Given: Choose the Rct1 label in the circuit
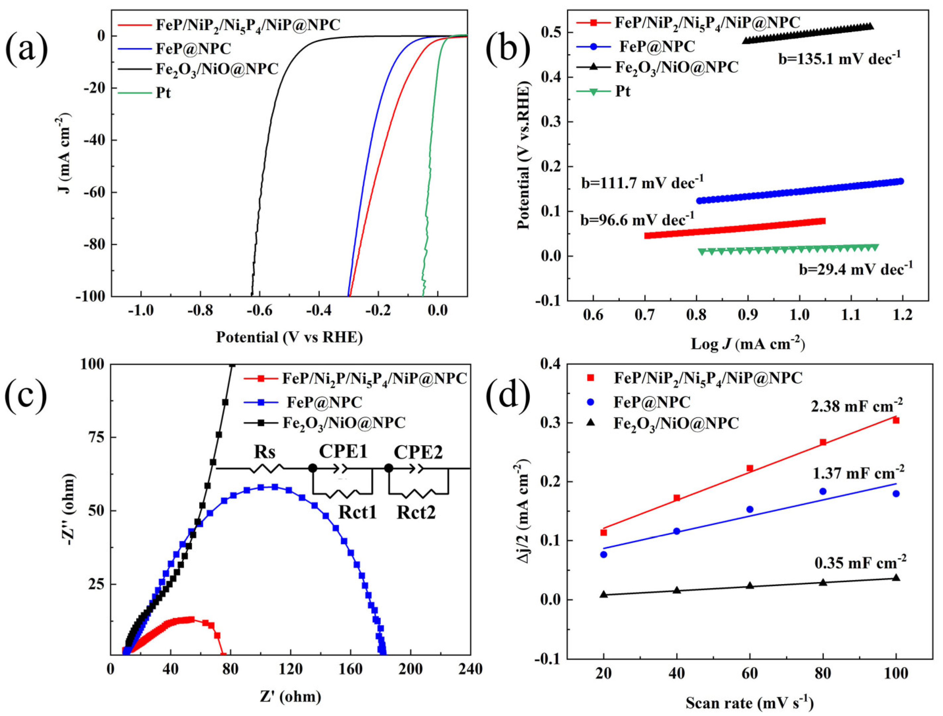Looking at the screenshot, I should point(357,512).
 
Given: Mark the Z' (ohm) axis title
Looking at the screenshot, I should point(290,697).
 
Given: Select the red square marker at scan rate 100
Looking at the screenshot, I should point(896,420).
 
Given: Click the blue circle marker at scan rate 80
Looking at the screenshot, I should point(823,491).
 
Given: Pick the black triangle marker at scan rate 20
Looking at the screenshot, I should point(604,594).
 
